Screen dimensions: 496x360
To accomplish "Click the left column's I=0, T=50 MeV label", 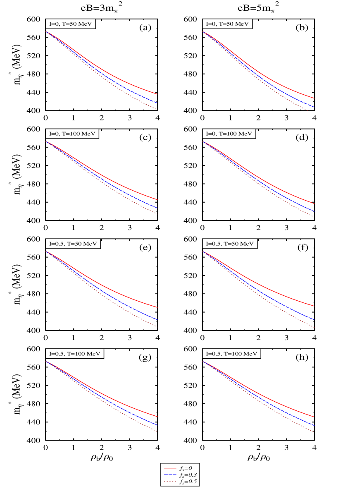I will [70, 24].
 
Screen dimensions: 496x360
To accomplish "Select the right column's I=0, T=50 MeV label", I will [227, 24].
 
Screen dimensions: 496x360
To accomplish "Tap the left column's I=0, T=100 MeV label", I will [72, 134].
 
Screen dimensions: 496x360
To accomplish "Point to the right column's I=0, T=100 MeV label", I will [229, 134].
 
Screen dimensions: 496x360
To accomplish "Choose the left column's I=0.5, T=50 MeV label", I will [73, 244].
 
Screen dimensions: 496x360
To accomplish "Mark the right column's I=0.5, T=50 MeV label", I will [230, 244].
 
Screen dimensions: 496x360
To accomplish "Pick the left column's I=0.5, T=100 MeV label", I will [74, 354].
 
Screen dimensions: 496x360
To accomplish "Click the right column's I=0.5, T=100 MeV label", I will [231, 354].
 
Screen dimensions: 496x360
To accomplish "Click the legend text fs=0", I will [186, 468].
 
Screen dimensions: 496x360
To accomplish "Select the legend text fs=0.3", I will [188, 475].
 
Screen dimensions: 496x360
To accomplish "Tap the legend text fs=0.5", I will [188, 482].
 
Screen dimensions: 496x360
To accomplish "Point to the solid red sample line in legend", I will [170, 468].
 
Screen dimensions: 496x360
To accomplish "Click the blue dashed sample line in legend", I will [170, 475].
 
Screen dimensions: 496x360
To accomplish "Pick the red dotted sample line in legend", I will [170, 482].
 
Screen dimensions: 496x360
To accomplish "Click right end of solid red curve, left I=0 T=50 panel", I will [157, 94].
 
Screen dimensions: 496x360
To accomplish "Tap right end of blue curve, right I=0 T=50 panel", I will [315, 107].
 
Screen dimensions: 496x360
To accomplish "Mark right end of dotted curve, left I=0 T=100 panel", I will [157, 214].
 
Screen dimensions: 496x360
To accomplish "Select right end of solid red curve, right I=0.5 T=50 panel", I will [315, 306].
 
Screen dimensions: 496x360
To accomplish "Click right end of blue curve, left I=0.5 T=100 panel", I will [157, 425].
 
